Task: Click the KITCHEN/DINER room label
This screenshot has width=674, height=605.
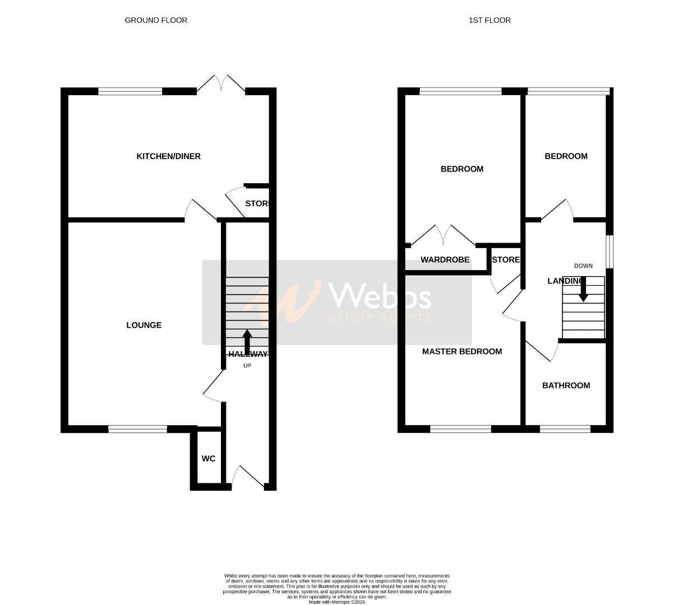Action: (168, 156)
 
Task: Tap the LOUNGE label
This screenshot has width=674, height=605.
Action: (144, 325)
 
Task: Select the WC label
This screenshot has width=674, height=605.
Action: (209, 459)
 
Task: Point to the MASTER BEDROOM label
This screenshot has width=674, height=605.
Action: (461, 352)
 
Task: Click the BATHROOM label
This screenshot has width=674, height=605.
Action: (566, 385)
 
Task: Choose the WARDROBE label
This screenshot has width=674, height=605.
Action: (445, 260)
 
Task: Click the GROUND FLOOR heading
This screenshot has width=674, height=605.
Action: (156, 20)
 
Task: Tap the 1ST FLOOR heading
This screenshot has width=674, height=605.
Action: (490, 20)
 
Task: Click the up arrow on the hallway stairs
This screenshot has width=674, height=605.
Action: (247, 342)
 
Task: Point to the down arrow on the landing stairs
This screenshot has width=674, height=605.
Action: (584, 289)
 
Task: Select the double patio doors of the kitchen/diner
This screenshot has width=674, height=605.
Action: (221, 84)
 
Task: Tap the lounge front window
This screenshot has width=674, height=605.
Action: (137, 430)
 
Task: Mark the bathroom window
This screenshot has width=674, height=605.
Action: (565, 430)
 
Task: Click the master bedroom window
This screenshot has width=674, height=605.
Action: (460, 430)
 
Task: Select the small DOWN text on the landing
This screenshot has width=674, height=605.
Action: (583, 266)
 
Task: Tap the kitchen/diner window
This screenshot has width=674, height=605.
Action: (130, 91)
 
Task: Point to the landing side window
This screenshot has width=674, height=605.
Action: (610, 252)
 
